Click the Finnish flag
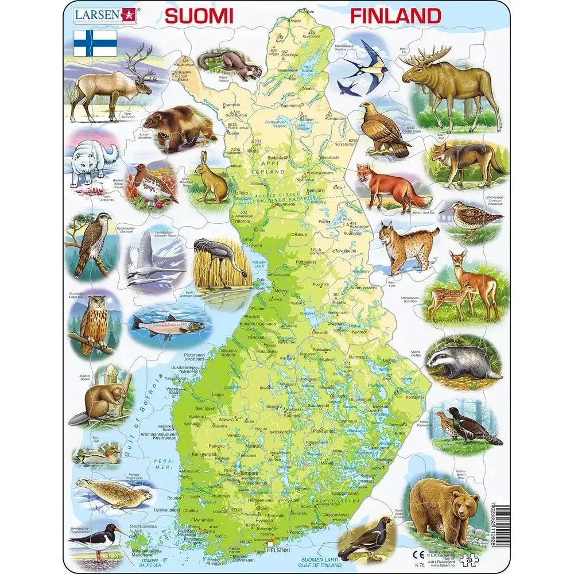coord(95,43)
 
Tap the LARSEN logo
coord(104,15)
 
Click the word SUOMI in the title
coord(199,15)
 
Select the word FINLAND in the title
coord(395,15)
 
